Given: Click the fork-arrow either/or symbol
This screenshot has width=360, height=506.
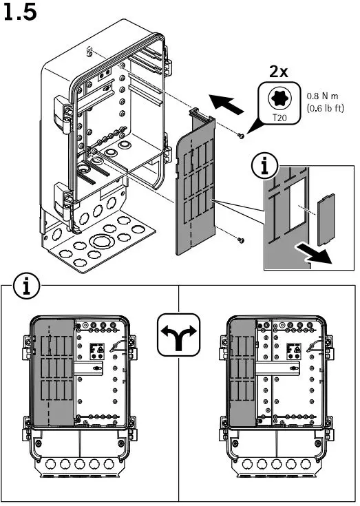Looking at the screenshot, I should click(179, 335).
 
